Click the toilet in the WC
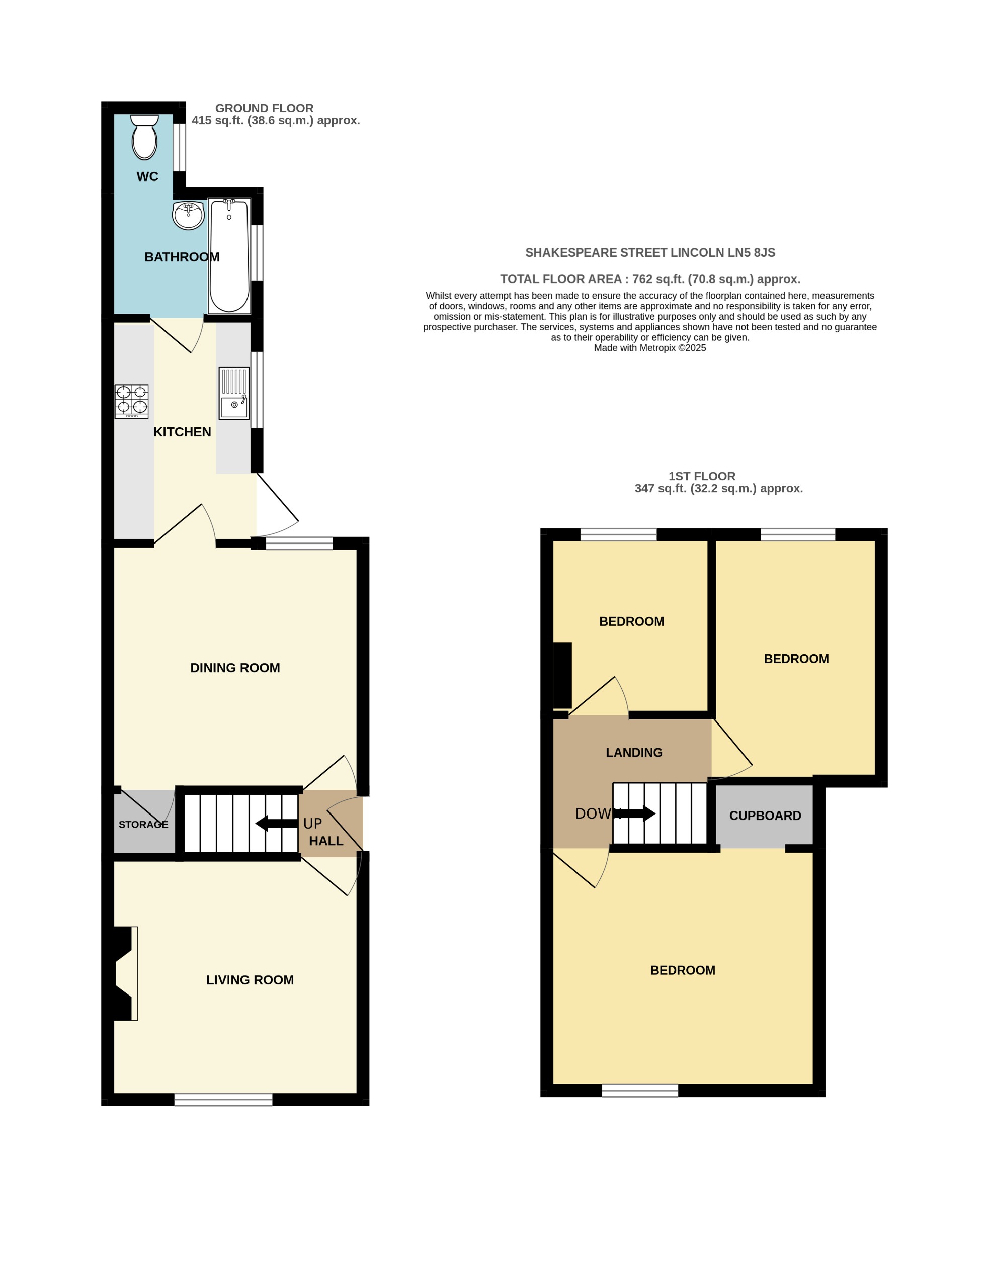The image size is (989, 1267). tap(144, 137)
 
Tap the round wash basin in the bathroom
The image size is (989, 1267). tap(188, 215)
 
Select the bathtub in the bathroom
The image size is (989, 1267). tap(229, 256)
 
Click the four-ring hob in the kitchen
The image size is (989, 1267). tap(132, 401)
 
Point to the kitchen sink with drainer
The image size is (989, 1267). tap(234, 393)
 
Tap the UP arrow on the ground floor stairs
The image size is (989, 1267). tap(277, 823)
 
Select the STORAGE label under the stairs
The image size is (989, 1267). tap(143, 825)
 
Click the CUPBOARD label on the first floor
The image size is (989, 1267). tap(765, 816)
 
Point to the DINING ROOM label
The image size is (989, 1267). tap(235, 668)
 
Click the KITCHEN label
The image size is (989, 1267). tap(182, 431)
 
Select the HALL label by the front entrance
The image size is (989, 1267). tap(326, 841)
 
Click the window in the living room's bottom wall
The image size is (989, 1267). tap(223, 1099)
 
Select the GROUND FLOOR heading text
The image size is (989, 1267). tap(264, 108)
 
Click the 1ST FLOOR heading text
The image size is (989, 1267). tap(702, 476)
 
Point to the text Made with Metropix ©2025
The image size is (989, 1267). tap(649, 348)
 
